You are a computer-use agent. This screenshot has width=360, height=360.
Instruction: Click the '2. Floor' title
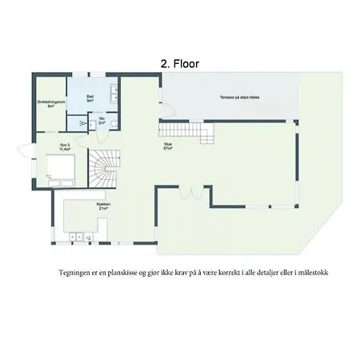tap(180, 62)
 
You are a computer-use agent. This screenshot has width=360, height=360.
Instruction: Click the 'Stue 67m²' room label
tap(169, 146)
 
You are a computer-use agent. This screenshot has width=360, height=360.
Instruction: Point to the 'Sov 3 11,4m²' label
tap(65, 146)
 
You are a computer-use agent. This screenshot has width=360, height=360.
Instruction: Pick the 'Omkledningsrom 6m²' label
tap(50, 104)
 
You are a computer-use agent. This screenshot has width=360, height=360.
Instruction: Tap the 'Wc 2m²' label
tap(102, 121)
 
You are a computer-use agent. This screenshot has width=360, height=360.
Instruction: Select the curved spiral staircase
tap(102, 170)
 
